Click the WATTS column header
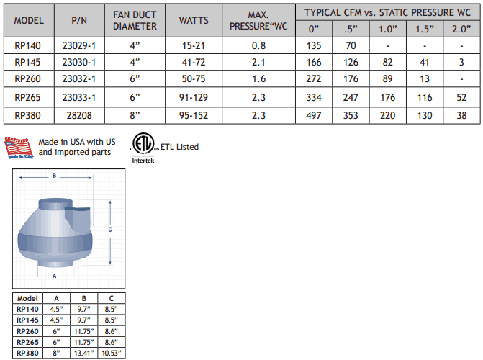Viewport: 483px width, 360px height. [194, 21]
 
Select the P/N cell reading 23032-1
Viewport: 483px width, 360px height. [79, 79]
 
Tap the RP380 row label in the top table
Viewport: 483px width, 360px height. [28, 116]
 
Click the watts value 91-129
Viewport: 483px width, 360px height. [194, 97]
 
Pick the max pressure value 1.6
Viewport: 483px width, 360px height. [258, 79]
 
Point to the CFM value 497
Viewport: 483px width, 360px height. [314, 116]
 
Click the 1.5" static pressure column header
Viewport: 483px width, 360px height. [425, 29]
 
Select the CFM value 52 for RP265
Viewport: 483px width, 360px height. [461, 97]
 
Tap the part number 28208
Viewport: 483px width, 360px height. [79, 116]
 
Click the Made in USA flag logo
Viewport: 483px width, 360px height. [19, 148]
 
